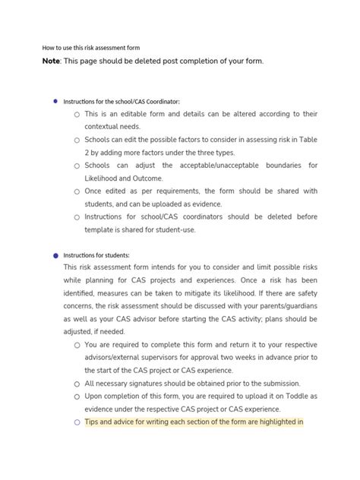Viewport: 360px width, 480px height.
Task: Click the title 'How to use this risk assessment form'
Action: [x=90, y=47]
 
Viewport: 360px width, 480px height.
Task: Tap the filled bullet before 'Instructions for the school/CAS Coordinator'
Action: [x=55, y=100]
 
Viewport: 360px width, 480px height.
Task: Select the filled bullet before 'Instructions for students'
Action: [x=55, y=255]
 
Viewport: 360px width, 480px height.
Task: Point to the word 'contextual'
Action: [x=105, y=127]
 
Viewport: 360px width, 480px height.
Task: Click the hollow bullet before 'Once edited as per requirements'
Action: [x=77, y=192]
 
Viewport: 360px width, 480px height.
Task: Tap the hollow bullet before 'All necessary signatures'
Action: [x=77, y=384]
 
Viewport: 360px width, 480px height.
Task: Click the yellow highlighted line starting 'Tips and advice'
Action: [x=194, y=422]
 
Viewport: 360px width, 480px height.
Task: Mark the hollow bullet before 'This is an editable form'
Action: [x=77, y=115]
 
